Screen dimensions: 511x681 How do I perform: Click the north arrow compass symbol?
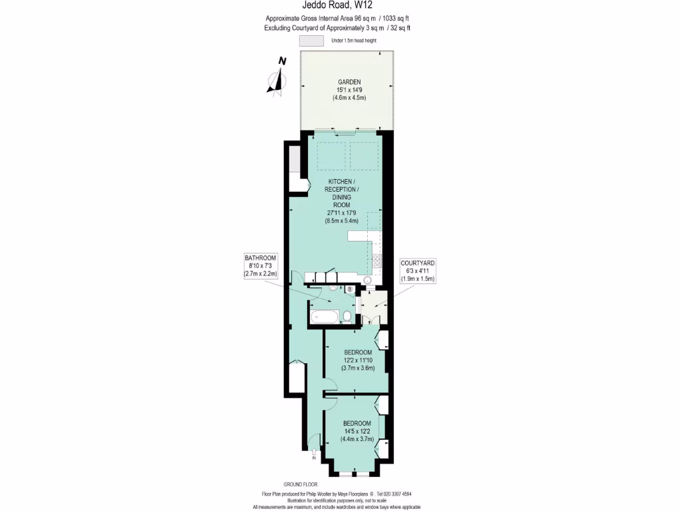(277, 75)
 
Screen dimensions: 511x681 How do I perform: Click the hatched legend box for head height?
(311, 41)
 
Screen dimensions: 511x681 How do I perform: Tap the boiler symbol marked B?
(350, 289)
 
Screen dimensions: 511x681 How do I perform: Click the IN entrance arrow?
(313, 455)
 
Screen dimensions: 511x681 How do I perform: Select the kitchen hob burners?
(376, 261)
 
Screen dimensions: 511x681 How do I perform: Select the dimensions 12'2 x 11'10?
(358, 360)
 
